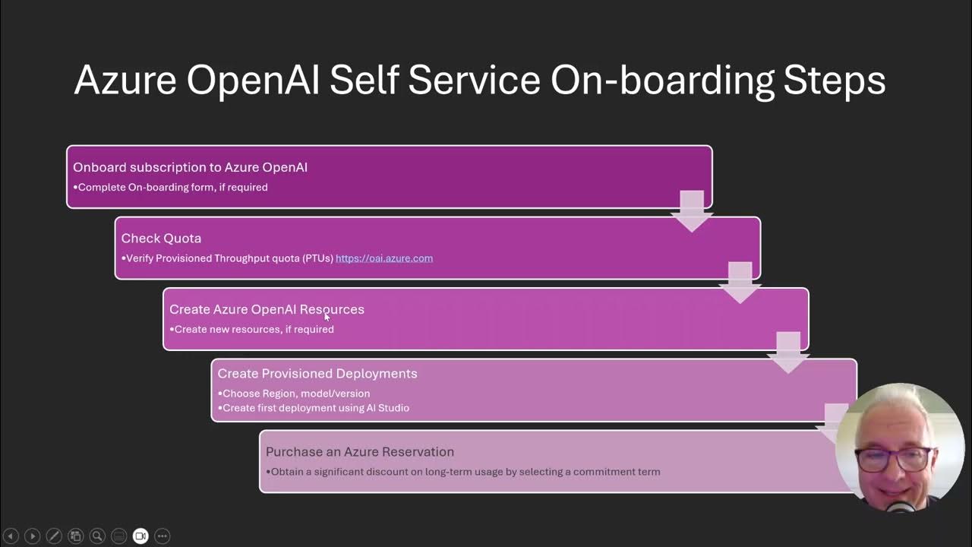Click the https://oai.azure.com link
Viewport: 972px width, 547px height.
pos(384,258)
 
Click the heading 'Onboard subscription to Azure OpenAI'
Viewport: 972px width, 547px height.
pos(190,167)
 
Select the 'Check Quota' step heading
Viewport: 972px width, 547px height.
pos(161,239)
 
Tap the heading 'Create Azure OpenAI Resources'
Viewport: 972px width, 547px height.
pos(267,309)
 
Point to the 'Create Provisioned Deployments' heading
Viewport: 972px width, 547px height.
pos(317,374)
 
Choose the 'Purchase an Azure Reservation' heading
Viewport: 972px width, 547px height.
pos(360,452)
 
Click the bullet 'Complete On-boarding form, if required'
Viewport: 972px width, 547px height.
pos(172,187)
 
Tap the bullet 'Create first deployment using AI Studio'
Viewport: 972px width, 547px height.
pos(315,408)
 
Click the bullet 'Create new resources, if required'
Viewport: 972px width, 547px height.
pos(254,329)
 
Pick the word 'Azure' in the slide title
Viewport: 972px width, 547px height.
pos(125,81)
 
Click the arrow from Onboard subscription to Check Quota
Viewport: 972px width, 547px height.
pos(692,211)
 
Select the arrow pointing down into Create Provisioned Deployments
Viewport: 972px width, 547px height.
pos(788,353)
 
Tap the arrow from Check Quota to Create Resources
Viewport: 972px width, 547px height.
pos(740,282)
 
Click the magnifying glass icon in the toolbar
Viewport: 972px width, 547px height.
pos(97,536)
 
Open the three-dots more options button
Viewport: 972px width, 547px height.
pos(163,536)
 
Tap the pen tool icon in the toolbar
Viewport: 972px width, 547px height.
pos(54,536)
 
